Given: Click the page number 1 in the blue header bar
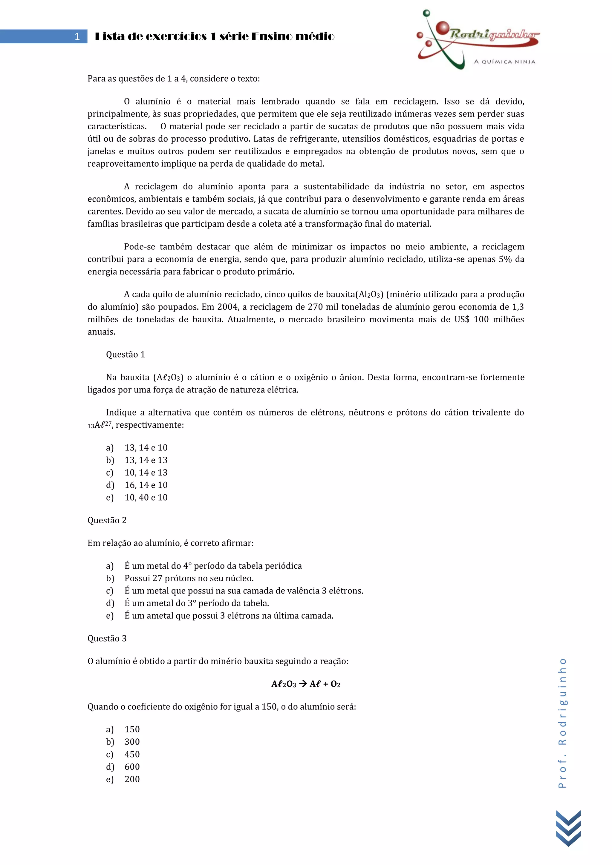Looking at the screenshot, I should pyautogui.click(x=77, y=36).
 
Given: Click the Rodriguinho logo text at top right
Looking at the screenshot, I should pyautogui.click(x=494, y=34).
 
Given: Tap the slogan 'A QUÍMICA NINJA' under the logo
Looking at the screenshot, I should pyautogui.click(x=505, y=62).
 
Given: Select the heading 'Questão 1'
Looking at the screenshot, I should pyautogui.click(x=126, y=355).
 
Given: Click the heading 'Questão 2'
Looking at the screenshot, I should pyautogui.click(x=107, y=520).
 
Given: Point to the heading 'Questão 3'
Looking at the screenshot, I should pyautogui.click(x=107, y=639).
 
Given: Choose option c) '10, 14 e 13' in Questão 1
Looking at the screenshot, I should pyautogui.click(x=146, y=473).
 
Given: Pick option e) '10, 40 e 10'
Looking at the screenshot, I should pyautogui.click(x=146, y=497).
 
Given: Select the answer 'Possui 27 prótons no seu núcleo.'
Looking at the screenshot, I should pyautogui.click(x=189, y=578).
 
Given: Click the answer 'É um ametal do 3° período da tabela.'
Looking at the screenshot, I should pyautogui.click(x=197, y=603).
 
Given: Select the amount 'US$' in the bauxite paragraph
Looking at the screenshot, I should pyautogui.click(x=462, y=320).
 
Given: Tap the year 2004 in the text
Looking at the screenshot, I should pyautogui.click(x=228, y=307).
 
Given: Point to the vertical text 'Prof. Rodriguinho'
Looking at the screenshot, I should pyautogui.click(x=562, y=723).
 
